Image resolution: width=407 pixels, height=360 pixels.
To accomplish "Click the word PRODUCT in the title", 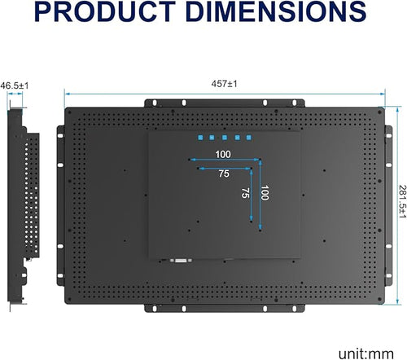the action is coord(105,11).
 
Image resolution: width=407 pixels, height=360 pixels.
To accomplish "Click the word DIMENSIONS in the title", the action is coord(276,11).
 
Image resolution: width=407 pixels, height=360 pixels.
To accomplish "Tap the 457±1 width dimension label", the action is coord(225,84).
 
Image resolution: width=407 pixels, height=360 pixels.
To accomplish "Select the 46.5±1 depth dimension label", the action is coord(14,86).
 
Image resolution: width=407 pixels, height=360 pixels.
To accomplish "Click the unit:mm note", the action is coord(366,353).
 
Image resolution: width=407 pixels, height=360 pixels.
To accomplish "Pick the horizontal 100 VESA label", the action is coord(223,154).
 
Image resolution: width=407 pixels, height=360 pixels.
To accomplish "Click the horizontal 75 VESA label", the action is coord(224,173).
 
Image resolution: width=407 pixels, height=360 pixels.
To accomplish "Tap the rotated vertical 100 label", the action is coord(265,192).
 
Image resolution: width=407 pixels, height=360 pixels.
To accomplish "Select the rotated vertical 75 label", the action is coord(246,193).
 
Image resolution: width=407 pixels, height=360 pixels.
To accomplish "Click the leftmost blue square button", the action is coord(200,138).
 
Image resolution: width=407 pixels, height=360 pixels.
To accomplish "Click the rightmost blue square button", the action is coord(249,138).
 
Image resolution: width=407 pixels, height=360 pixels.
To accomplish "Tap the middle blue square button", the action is coord(225,138).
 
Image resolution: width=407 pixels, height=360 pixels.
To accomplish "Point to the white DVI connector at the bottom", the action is coord(181,261).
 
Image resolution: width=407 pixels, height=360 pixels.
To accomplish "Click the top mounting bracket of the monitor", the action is coord(225,103).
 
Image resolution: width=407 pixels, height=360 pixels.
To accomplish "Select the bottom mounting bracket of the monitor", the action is coord(225,308).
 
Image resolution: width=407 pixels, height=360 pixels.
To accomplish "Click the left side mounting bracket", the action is coord(60,205).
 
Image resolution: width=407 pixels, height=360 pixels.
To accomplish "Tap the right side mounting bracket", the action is coord(389,205).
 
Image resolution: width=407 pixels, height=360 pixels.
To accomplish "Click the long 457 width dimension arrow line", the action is coord(225,94).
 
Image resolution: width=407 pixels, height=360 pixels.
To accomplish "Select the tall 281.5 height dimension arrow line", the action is coord(398,205).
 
